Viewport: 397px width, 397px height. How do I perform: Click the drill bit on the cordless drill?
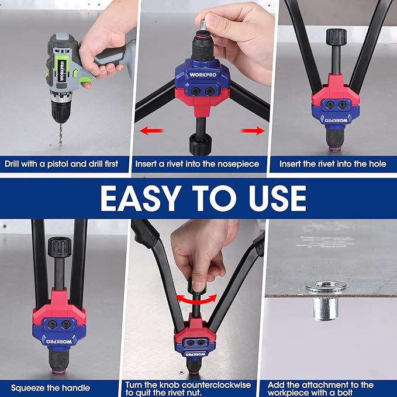[x=61, y=134]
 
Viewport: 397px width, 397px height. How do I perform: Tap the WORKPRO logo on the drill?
[x=62, y=71]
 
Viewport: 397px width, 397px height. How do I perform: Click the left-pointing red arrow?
[x=151, y=131]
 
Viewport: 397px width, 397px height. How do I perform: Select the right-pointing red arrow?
[x=253, y=130]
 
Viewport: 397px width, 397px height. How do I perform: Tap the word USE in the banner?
[x=277, y=198]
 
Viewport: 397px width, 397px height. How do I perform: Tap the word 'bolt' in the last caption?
[x=344, y=393]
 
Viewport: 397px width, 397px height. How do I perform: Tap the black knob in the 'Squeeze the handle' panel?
[x=60, y=247]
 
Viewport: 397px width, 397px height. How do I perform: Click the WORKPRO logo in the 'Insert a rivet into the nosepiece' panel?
[x=203, y=75]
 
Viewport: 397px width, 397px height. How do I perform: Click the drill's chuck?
[x=61, y=109]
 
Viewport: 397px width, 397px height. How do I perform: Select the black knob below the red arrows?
[x=201, y=144]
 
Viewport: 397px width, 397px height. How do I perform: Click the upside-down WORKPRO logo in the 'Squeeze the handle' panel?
[x=59, y=341]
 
